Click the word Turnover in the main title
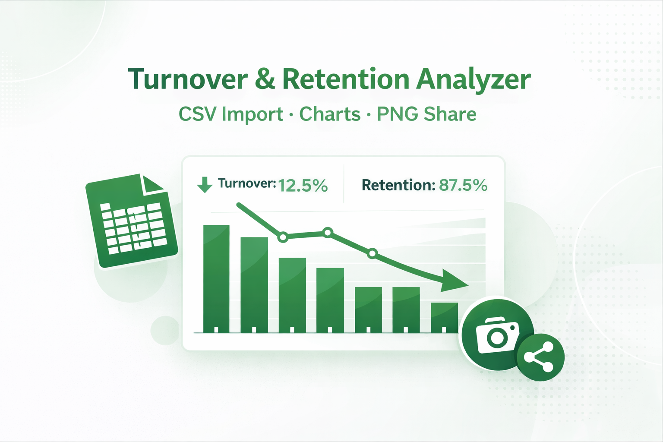(188, 79)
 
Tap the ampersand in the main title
(265, 79)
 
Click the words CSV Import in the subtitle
(230, 114)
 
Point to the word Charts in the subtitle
(330, 114)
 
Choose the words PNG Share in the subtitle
(426, 114)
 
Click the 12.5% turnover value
(303, 186)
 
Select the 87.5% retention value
(463, 185)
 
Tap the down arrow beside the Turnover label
(205, 184)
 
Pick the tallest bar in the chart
(216, 278)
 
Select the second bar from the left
(254, 285)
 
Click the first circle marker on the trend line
(283, 237)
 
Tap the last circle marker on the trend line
(373, 253)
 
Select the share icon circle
(540, 357)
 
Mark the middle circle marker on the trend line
(328, 233)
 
